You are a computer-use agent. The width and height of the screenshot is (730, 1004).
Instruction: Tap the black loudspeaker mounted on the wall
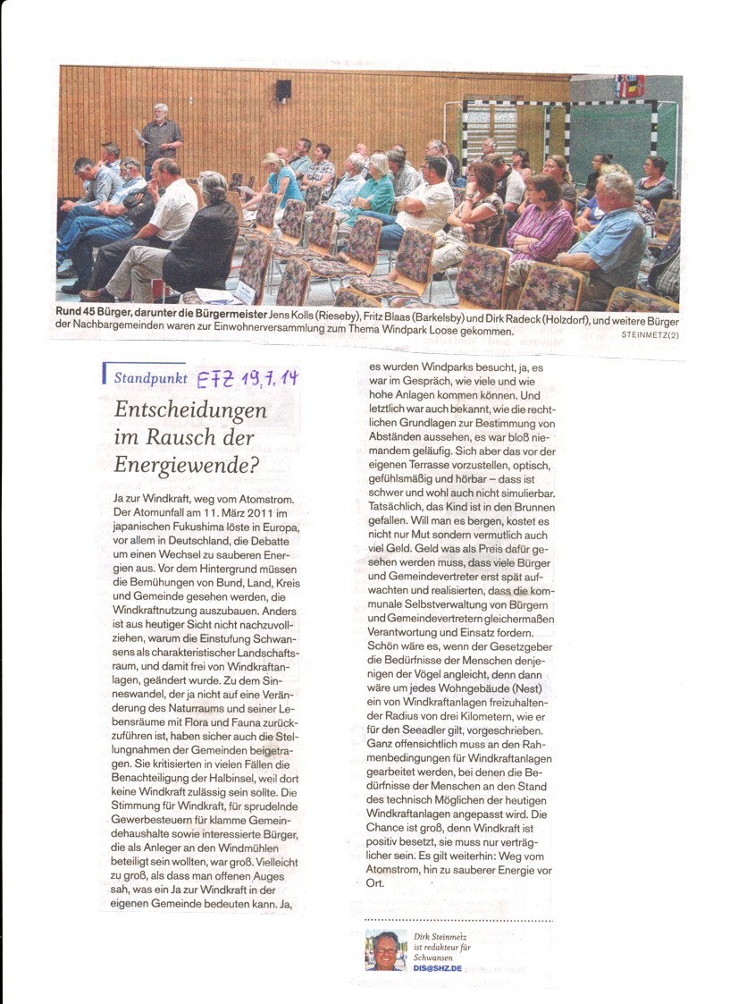coord(283,90)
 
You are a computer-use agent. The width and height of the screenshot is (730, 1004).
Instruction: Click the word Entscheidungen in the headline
coord(191,410)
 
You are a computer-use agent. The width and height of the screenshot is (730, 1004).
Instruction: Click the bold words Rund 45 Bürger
coord(105,321)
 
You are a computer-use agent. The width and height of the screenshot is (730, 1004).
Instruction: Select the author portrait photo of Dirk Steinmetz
coord(386,949)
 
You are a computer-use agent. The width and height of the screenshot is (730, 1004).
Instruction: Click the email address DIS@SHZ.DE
coord(438,968)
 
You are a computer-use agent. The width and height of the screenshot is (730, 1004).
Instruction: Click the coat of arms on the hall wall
coord(629,86)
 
